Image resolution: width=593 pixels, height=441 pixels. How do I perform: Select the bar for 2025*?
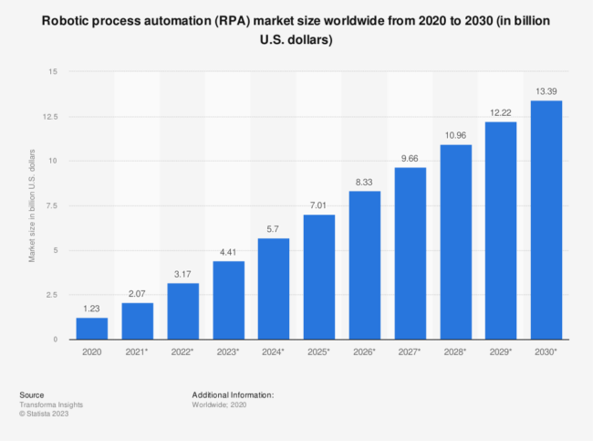coord(319,278)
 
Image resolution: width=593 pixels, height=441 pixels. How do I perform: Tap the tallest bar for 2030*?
coord(546,220)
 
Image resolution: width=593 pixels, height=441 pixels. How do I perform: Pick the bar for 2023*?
coord(228,300)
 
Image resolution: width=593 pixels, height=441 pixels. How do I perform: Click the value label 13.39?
coord(546,92)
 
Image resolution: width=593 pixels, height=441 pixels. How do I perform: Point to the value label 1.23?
coord(91,310)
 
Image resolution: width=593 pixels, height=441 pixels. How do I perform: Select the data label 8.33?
coord(365,183)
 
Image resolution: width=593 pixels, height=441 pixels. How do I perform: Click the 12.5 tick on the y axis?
coord(51,117)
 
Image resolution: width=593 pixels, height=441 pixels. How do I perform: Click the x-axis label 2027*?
coord(411,352)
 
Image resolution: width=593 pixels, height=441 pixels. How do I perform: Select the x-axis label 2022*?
coord(183,352)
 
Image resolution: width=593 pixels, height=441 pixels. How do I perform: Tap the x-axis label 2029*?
coord(502,352)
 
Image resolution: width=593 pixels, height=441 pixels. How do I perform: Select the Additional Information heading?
coord(233,394)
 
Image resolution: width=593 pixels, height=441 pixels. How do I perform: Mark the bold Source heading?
coord(32,394)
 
